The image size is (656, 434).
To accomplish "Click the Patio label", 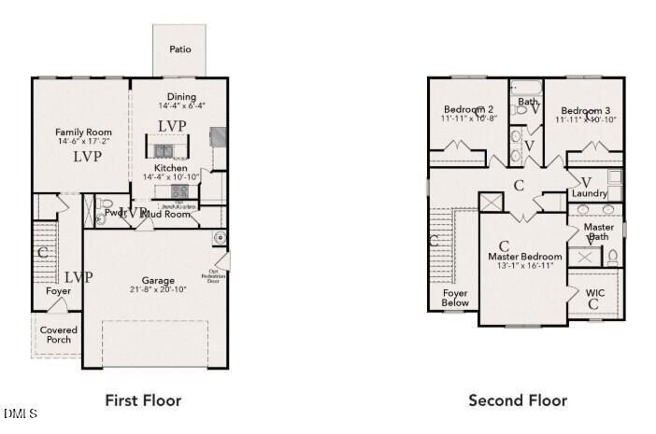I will point(180,49).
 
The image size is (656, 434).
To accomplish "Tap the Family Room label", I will point(83,133).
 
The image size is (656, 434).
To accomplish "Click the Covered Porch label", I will point(59,334).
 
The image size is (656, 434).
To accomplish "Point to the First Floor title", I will point(143,400).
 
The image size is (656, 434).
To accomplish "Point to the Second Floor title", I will point(517,400).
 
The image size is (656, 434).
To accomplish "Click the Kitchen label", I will point(171,168).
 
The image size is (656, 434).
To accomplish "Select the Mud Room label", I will point(170,215).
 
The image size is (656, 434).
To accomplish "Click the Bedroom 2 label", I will point(468,108).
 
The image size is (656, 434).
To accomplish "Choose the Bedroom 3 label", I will point(586,108).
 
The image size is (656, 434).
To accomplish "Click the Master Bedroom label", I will point(525,256).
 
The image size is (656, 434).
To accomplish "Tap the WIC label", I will point(595,293).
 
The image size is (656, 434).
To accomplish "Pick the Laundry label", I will point(590,193).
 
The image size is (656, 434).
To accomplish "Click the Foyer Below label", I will point(455,298).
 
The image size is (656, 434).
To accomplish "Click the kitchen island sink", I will point(164,150).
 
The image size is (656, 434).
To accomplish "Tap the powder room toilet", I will point(105,206).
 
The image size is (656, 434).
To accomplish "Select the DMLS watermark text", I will point(21,413).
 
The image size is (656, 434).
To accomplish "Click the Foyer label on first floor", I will point(58,291).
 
